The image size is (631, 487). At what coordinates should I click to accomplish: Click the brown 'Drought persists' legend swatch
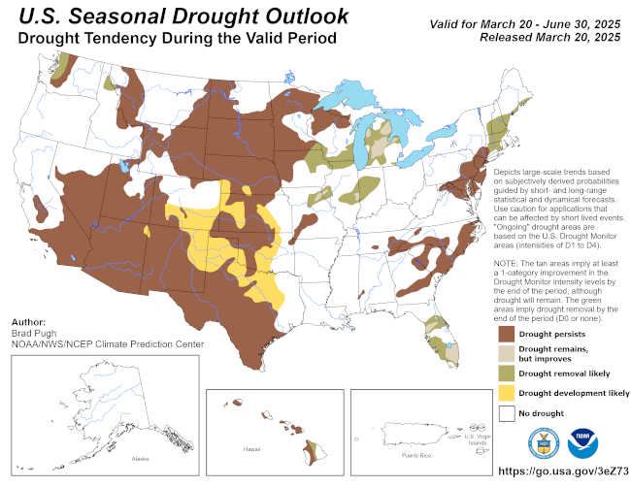click(x=506, y=333)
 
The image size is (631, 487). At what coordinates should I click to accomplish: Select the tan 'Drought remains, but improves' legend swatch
click(x=506, y=353)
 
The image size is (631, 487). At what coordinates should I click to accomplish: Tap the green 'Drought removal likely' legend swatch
click(x=506, y=373)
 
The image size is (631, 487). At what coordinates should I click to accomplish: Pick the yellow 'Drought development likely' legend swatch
click(x=506, y=393)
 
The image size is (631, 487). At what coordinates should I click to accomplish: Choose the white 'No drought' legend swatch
click(x=506, y=413)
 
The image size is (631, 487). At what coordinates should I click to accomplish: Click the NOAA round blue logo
click(x=583, y=442)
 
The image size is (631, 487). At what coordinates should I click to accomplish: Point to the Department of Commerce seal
click(x=543, y=442)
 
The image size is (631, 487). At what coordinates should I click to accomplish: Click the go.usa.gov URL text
click(x=549, y=471)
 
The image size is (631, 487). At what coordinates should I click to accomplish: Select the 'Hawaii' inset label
click(x=250, y=450)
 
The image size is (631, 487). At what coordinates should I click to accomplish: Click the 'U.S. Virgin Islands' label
click(x=476, y=438)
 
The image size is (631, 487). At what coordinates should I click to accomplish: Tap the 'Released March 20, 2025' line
click(x=549, y=37)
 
